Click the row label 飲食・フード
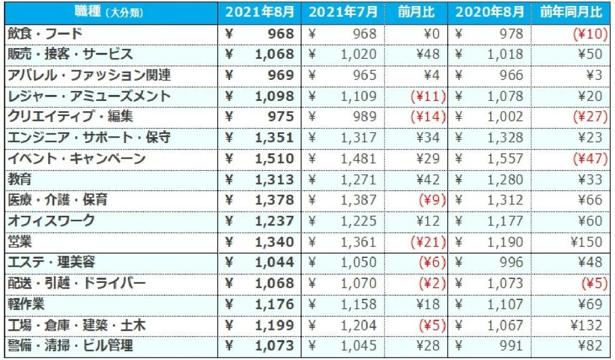45,34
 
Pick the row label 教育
20,179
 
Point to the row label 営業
20,242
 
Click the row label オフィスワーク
52,221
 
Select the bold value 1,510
274,159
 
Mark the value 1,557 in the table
503,159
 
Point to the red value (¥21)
427,242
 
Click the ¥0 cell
434,34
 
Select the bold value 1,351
274,138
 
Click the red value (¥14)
427,117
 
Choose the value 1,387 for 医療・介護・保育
359,200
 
